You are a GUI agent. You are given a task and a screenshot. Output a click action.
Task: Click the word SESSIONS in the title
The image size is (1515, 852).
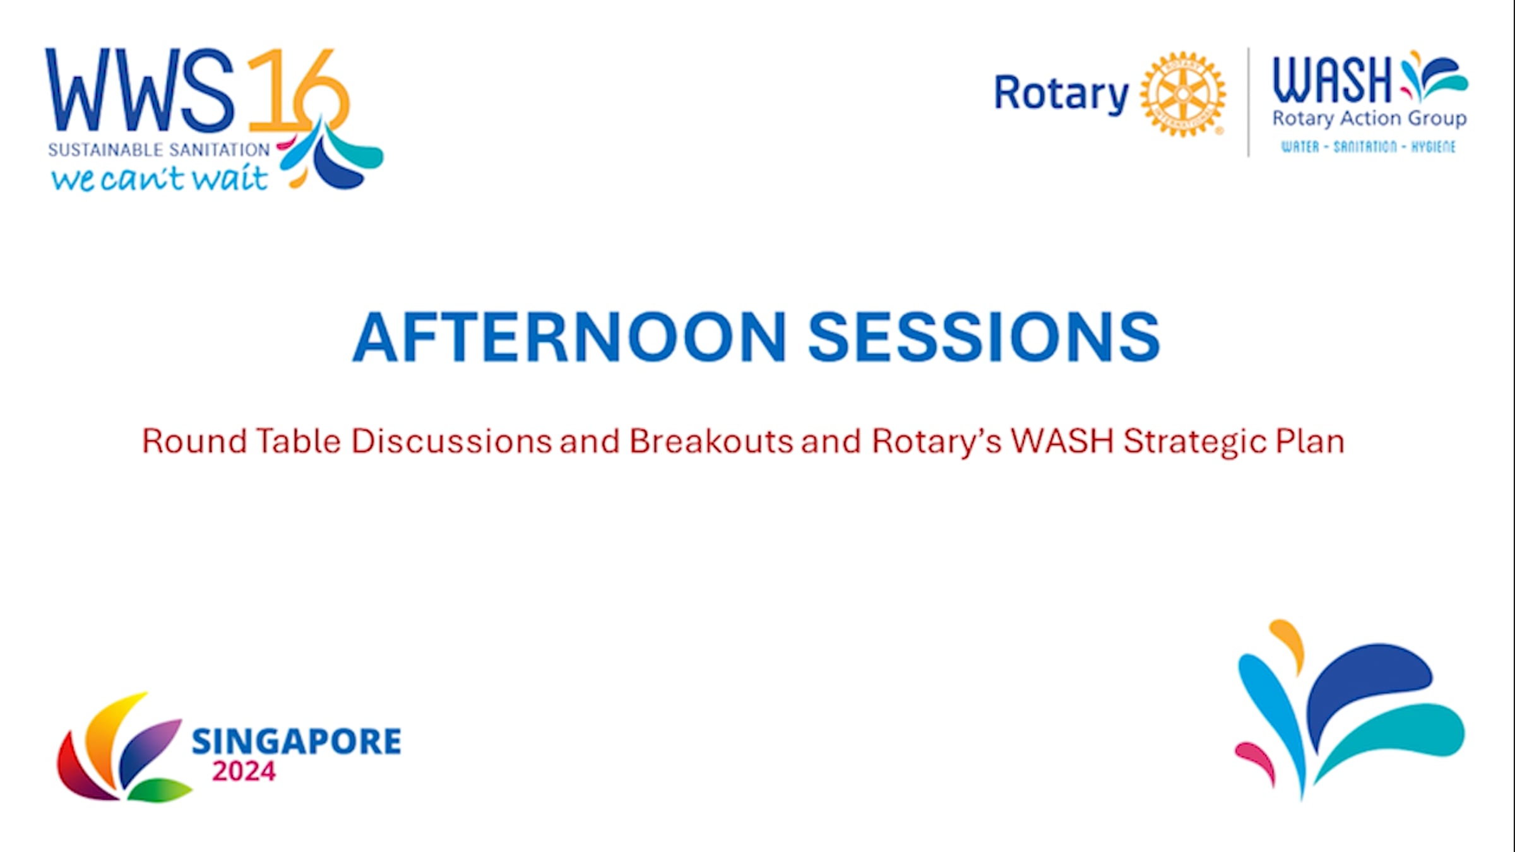click(984, 337)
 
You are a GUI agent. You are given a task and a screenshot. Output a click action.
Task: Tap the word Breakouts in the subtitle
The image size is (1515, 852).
click(711, 441)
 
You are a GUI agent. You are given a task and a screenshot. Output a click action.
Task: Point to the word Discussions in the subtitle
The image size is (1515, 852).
click(451, 441)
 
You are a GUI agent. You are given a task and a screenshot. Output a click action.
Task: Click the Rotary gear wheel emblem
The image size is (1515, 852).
click(1183, 94)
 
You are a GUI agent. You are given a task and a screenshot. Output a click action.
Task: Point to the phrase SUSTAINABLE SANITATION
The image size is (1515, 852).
click(159, 150)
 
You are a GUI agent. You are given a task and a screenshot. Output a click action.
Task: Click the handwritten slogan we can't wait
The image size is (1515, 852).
click(160, 178)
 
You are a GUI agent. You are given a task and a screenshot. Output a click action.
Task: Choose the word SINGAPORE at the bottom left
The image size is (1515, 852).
click(296, 742)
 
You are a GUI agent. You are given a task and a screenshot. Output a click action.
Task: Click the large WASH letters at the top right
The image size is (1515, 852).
click(1333, 80)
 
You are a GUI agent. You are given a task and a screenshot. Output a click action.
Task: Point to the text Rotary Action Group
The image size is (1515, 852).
click(1369, 119)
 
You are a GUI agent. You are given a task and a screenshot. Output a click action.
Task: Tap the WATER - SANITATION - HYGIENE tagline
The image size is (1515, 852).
click(1368, 147)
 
